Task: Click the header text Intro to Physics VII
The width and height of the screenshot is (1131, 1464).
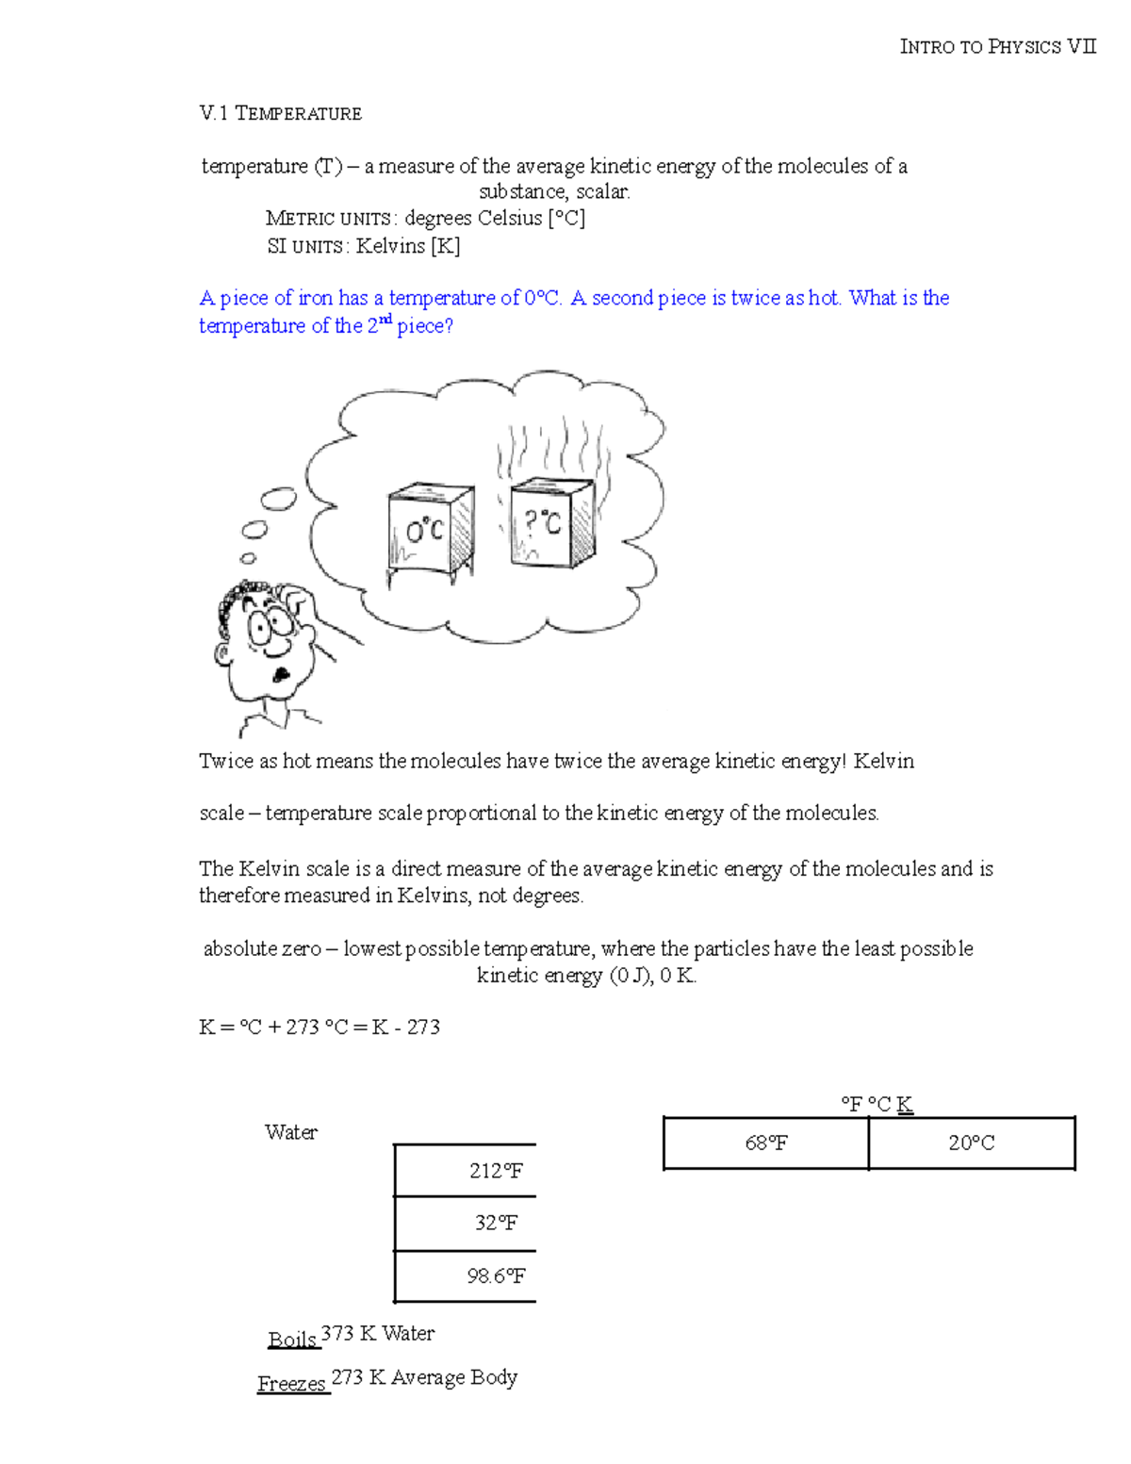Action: point(997,47)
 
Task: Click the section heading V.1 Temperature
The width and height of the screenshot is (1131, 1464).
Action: point(280,114)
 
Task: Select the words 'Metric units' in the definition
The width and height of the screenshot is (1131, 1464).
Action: point(328,219)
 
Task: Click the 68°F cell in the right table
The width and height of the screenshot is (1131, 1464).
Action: point(765,1143)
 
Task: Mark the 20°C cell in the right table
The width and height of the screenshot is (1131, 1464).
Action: point(971,1143)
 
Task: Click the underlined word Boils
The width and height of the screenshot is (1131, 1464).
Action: point(292,1340)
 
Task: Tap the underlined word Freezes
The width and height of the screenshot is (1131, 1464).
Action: point(292,1384)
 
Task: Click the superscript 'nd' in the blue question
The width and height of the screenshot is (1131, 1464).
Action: point(385,320)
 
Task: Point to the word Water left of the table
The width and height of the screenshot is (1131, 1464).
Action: point(291,1132)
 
